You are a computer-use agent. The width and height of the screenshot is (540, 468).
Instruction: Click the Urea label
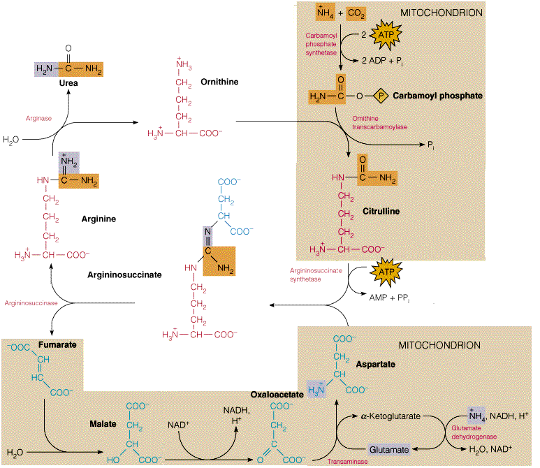coord(68,83)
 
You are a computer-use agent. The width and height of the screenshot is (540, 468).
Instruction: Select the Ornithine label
coord(219,82)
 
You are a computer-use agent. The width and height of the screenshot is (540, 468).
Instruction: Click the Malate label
coord(103,424)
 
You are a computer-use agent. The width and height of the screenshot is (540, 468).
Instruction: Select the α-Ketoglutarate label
coord(390,416)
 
